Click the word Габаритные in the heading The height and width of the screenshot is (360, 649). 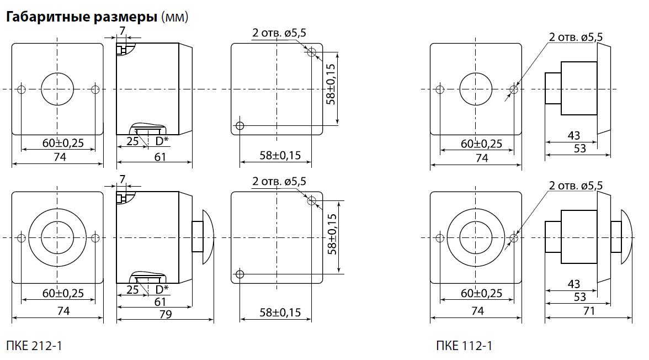pos(47,17)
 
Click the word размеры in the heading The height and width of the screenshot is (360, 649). pos(125,18)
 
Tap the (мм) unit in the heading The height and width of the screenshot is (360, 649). pos(174,18)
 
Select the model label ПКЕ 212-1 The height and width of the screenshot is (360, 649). pos(34,346)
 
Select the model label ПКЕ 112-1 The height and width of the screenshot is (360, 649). pos(464,346)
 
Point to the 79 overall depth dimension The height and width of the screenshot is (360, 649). pos(166,314)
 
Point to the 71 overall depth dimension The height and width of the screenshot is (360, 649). pos(589,311)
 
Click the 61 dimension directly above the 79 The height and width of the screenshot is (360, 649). pos(160,301)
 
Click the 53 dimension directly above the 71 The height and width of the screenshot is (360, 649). pos(580,297)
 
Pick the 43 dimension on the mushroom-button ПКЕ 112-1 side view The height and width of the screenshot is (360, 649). pos(574,284)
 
